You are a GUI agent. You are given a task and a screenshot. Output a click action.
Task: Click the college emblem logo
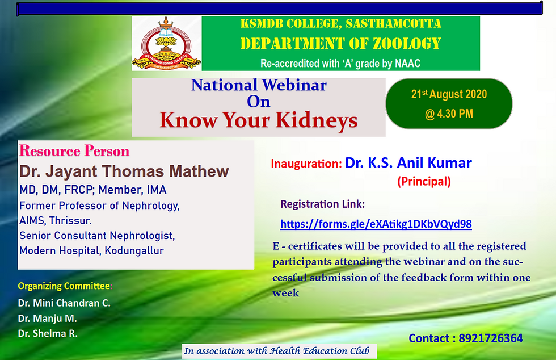pyautogui.click(x=166, y=43)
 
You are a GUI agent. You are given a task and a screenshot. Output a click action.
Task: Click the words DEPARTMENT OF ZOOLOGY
pyautogui.click(x=340, y=44)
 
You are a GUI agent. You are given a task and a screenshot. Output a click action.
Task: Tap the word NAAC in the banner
pyautogui.click(x=407, y=64)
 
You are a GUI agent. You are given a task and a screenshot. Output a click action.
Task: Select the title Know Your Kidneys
pyautogui.click(x=259, y=120)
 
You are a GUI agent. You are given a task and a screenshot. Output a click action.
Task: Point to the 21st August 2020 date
pyautogui.click(x=449, y=94)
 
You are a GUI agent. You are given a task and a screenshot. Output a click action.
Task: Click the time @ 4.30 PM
pyautogui.click(x=449, y=114)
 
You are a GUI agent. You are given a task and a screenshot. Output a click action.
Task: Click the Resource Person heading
pyautogui.click(x=74, y=151)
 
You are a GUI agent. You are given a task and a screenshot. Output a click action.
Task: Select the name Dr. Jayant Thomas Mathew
pyautogui.click(x=124, y=171)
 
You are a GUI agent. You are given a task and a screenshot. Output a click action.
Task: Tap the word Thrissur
pyautogui.click(x=70, y=220)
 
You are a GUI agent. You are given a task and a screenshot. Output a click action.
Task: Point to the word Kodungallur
pyautogui.click(x=134, y=250)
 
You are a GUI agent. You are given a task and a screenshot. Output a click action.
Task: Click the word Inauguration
pyautogui.click(x=306, y=164)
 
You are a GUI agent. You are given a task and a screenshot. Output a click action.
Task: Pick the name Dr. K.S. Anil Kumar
pyautogui.click(x=408, y=162)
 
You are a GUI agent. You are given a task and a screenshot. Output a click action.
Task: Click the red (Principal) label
pyautogui.click(x=424, y=182)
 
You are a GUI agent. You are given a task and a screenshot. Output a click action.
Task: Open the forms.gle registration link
pyautogui.click(x=376, y=224)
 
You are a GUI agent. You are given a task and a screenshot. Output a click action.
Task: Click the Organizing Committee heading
pyautogui.click(x=65, y=286)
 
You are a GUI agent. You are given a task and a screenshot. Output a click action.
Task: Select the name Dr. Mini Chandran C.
pyautogui.click(x=64, y=303)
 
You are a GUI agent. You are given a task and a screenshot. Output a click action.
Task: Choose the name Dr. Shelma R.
pyautogui.click(x=48, y=333)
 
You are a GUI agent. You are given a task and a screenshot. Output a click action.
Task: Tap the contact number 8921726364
pyautogui.click(x=491, y=338)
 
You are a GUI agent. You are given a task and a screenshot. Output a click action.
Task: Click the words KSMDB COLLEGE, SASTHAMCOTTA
pyautogui.click(x=341, y=23)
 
